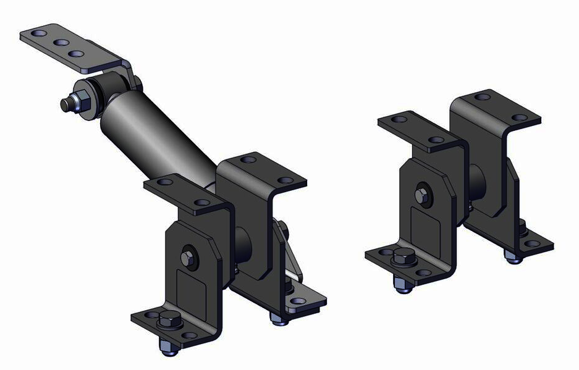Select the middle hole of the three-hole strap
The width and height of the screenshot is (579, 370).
(x=60, y=43)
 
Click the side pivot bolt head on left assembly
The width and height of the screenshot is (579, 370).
(x=187, y=256)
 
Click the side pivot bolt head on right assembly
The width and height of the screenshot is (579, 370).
(x=421, y=196)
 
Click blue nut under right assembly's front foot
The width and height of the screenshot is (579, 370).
(x=402, y=286)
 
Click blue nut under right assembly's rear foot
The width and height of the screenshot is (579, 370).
(x=512, y=256)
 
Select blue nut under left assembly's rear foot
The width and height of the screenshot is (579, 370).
(x=276, y=319)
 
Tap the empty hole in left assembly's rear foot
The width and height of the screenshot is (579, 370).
(x=300, y=302)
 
